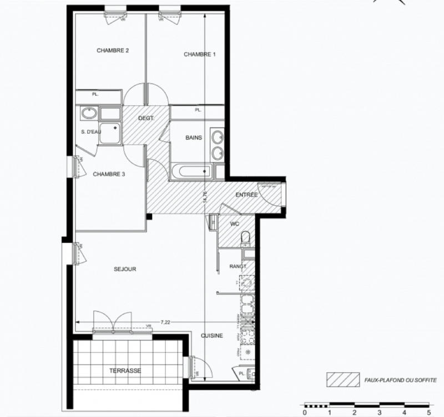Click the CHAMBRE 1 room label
coord(199,54)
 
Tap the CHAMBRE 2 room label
coord(113,50)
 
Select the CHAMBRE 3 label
coord(109,174)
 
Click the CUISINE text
coord(212,335)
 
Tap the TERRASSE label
coord(125,370)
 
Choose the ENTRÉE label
coord(246,195)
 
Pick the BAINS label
coord(194,138)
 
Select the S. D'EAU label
coord(90,131)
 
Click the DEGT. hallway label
coord(146,119)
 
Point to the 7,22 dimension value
coord(165,321)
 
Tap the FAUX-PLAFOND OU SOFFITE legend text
coord(400,380)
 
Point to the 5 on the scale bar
coord(428,413)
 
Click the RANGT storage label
coord(238,267)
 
